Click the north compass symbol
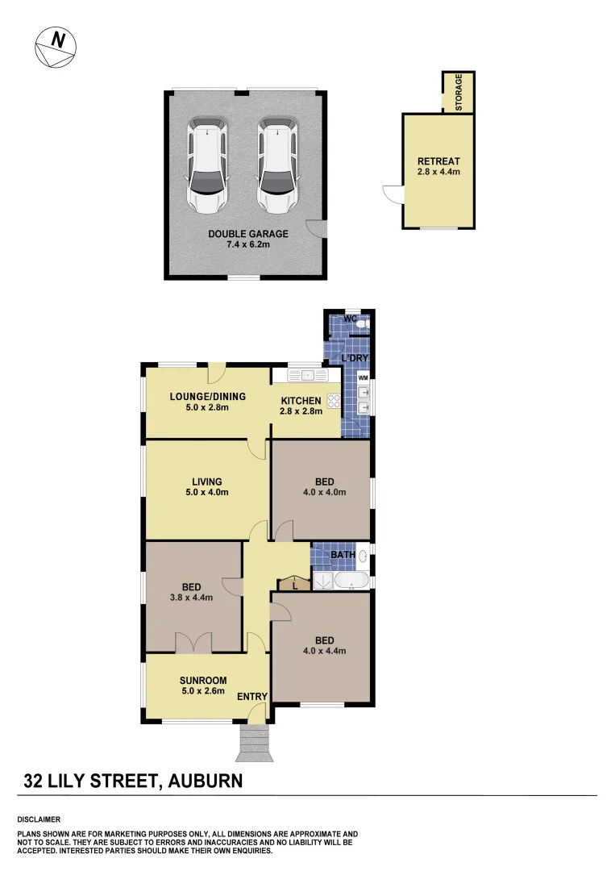click(x=56, y=46)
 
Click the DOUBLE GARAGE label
click(x=247, y=234)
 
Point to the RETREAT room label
click(x=438, y=160)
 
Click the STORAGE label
click(x=459, y=93)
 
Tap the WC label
click(x=350, y=319)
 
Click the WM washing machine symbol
click(x=363, y=377)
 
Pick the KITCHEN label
click(x=301, y=401)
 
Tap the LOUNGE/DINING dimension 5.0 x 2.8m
click(x=207, y=407)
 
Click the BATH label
click(x=342, y=555)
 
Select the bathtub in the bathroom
click(x=352, y=581)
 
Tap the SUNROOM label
click(x=203, y=680)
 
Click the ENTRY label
click(x=252, y=697)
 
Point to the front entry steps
click(x=256, y=742)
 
